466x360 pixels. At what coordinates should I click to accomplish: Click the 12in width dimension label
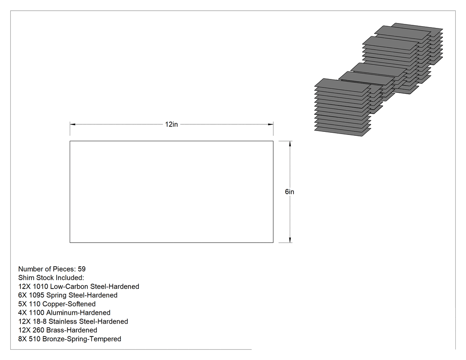coord(171,124)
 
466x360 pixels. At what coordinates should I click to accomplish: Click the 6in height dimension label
coord(289,192)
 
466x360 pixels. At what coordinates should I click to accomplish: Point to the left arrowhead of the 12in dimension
coord(72,124)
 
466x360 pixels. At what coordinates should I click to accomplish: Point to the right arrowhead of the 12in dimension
coord(270,124)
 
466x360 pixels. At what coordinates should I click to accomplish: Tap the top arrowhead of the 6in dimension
coord(290,143)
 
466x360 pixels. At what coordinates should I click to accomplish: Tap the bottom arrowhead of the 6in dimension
coord(290,240)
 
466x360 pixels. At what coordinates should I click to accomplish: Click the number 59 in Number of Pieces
coord(82,269)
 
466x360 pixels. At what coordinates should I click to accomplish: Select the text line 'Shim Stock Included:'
coord(51,277)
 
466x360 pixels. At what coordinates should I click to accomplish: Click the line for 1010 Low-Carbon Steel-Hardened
coord(79,287)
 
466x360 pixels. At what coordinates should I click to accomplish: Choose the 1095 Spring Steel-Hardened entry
coord(68,295)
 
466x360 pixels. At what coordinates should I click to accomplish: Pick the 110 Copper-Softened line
coord(57,304)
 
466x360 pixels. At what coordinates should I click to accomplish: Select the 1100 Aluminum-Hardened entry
coord(64,313)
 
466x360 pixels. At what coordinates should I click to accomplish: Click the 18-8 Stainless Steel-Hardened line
coord(73,321)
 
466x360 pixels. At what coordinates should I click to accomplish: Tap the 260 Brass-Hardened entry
coord(58,330)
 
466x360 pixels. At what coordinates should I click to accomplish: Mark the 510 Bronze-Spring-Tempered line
coord(70,339)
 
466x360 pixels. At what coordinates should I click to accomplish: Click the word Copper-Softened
coord(69,304)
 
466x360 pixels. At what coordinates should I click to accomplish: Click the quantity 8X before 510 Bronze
coord(22,339)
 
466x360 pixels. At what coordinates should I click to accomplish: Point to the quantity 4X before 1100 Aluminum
coord(22,313)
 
